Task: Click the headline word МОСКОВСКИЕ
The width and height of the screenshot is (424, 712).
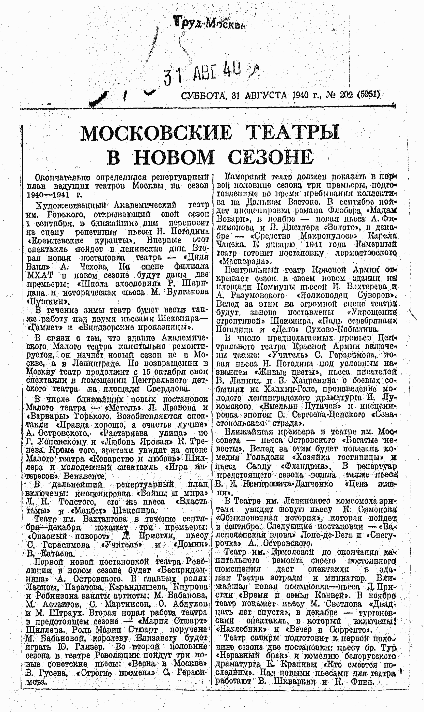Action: pos(156,133)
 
